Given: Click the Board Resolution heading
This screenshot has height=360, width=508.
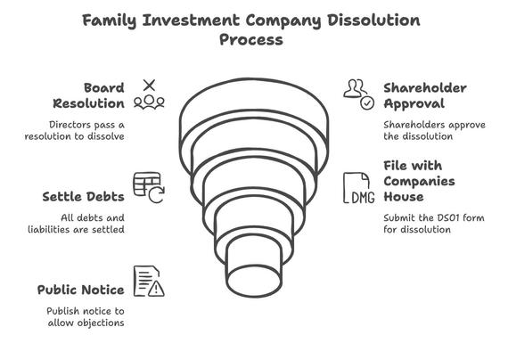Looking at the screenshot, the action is point(88,95).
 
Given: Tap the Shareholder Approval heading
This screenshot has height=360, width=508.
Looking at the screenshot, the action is point(425,95).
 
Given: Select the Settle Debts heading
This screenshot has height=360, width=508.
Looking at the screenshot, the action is point(83,197).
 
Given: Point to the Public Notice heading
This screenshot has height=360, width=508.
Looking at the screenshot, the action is point(81,290).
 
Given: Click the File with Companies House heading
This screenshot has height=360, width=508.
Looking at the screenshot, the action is point(419,181).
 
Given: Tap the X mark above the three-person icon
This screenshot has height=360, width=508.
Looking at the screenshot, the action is point(149,86).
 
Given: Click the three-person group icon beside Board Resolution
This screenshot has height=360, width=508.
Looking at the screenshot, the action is point(149,102).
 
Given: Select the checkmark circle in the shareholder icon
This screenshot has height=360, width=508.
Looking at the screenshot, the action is point(367,103).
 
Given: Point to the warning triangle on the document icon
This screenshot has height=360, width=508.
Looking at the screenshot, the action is point(156,289).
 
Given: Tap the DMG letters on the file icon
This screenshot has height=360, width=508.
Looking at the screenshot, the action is point(363,198).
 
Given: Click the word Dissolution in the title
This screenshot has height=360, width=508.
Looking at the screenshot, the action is point(373,20).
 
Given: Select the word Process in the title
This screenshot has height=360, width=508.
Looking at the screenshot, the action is point(251,40).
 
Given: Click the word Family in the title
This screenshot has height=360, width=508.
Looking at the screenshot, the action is point(110,20).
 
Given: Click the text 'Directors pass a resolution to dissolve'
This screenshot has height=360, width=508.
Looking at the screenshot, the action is point(75,131).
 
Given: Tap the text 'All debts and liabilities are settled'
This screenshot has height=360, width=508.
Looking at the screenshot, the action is point(76,224).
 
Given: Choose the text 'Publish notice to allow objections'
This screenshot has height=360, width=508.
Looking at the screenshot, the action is point(86,317).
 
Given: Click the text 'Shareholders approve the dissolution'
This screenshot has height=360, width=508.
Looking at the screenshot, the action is point(434,131).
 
